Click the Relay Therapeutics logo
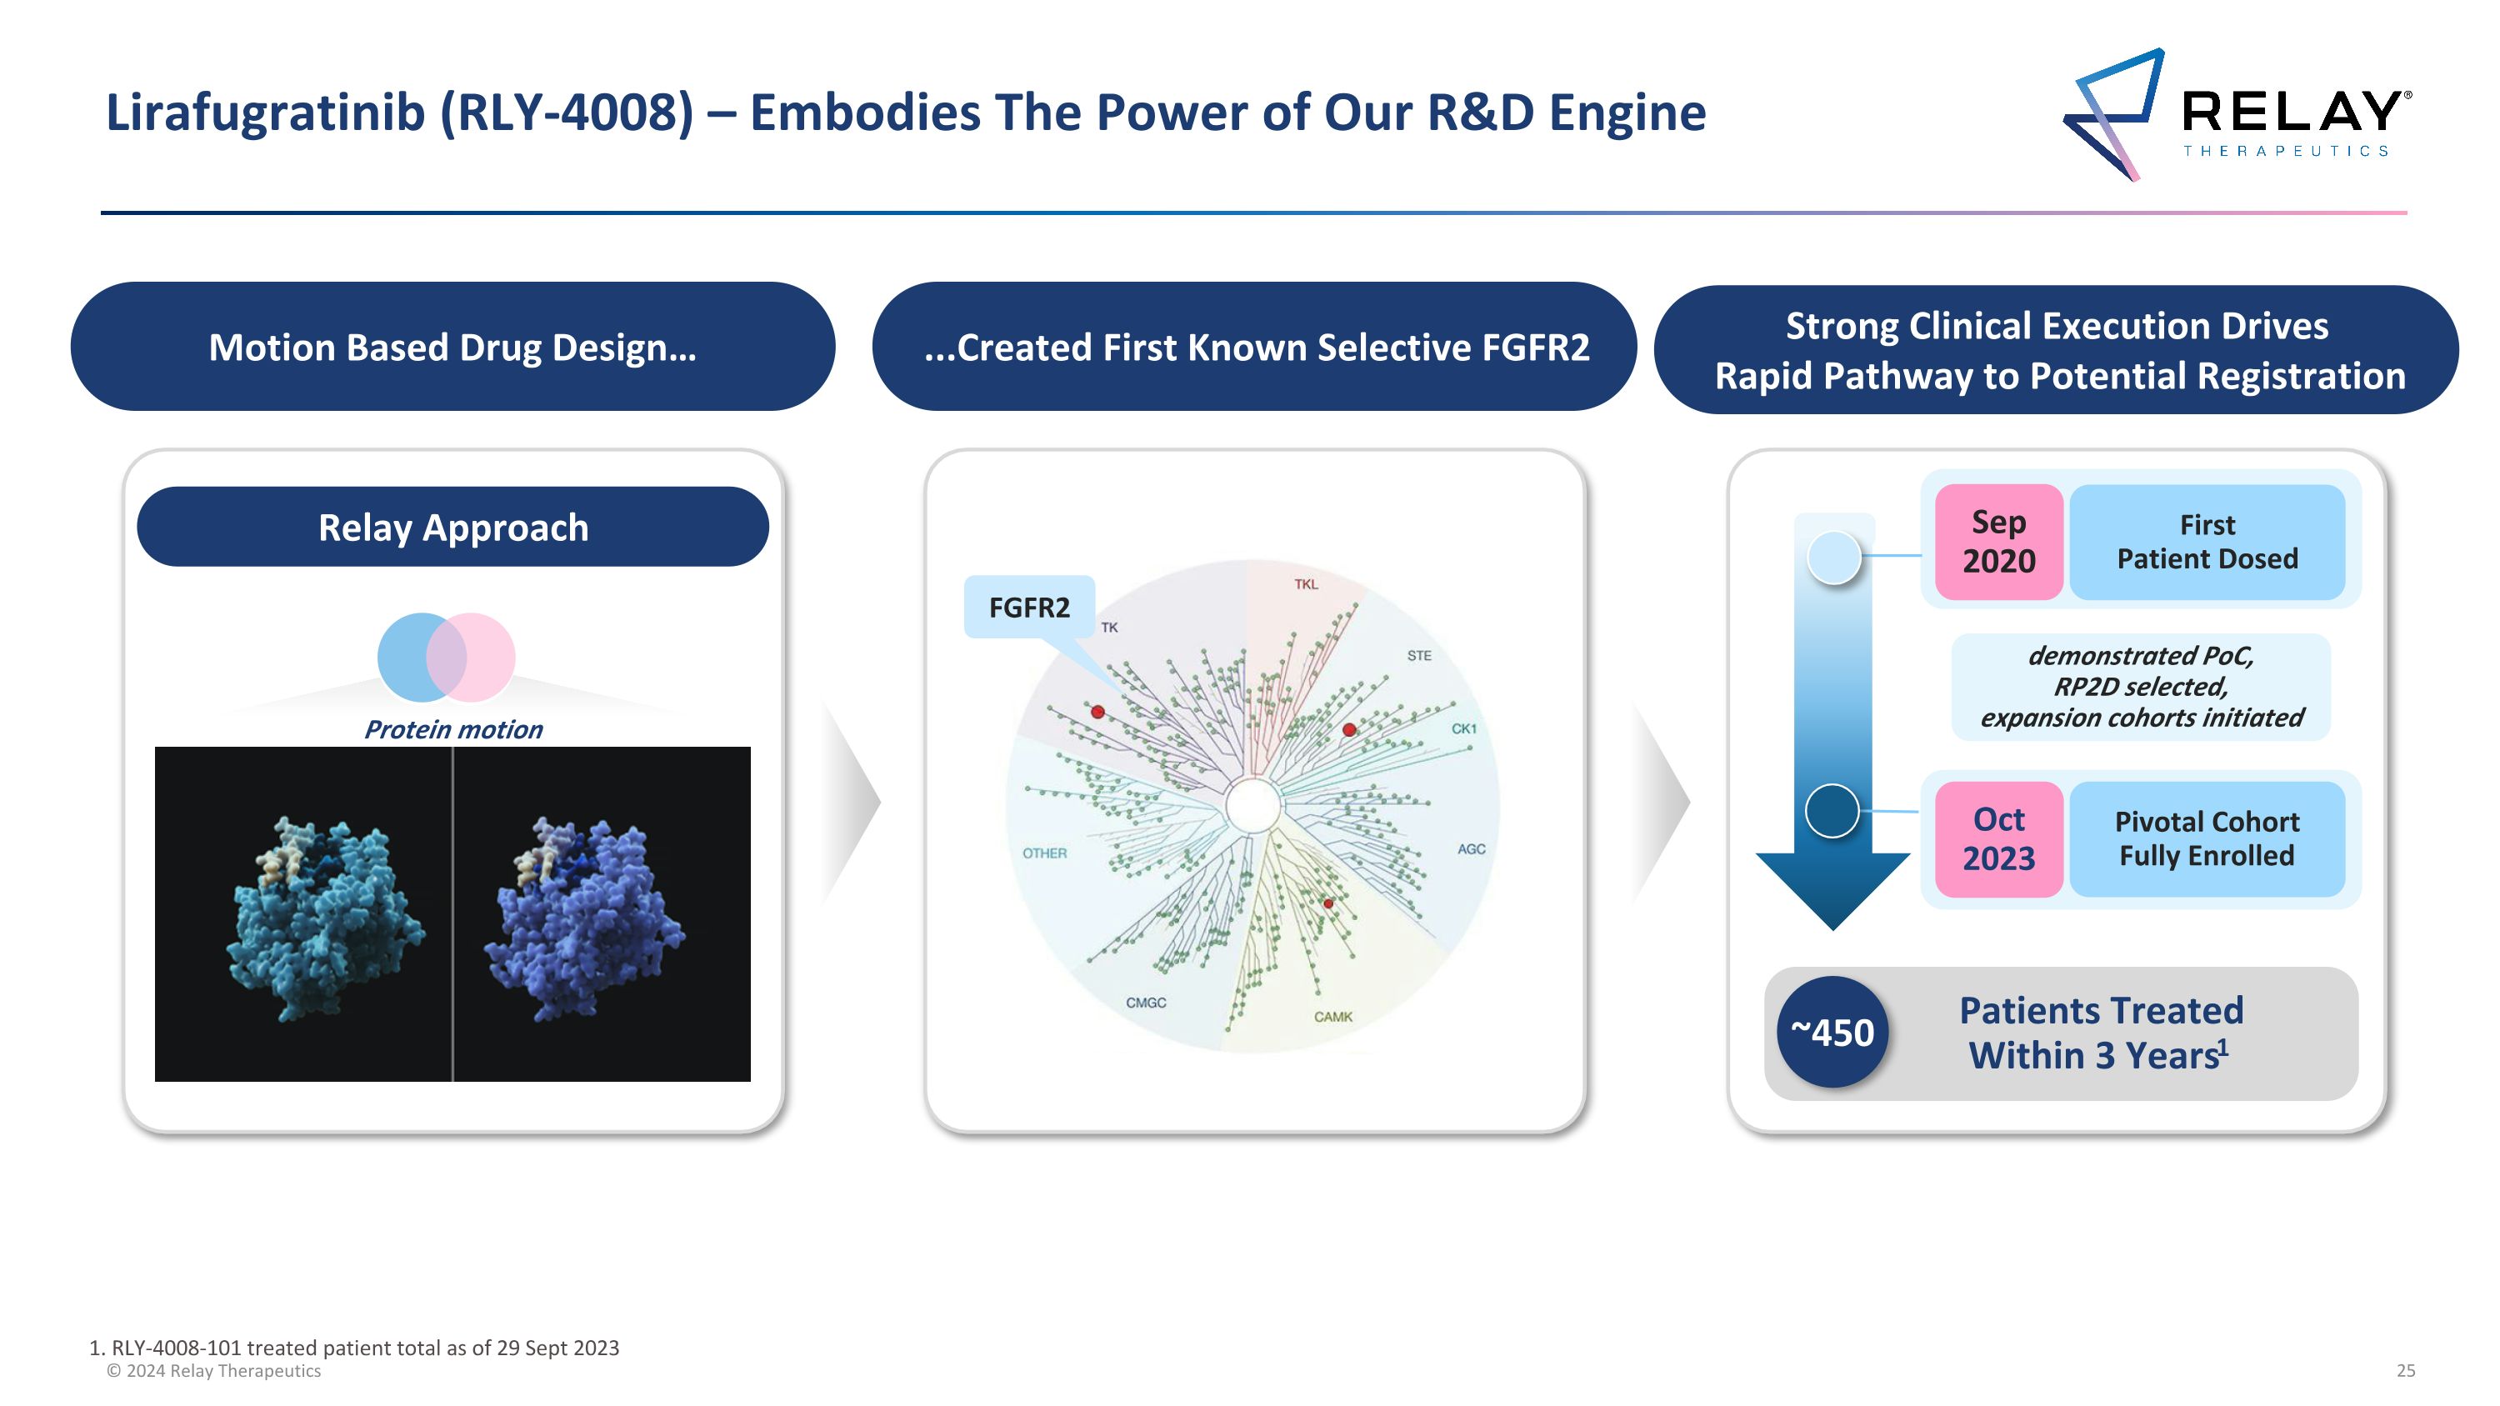(2236, 114)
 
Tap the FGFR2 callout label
(1028, 608)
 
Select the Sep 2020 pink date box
(1998, 542)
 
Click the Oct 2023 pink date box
(1998, 839)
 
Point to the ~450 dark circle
(1832, 1033)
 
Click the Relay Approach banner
(453, 527)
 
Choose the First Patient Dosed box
(2207, 542)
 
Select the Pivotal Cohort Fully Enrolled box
(2207, 839)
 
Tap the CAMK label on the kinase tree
(1332, 1017)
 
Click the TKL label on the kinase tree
(1307, 584)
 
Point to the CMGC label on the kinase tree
(1146, 1003)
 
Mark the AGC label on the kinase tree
(1472, 849)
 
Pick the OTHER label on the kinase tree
(1044, 853)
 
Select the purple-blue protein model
(585, 918)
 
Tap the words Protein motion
(453, 730)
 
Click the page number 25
(2406, 1371)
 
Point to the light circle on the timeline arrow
(1834, 558)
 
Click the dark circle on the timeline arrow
(1832, 810)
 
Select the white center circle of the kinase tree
(1252, 805)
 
